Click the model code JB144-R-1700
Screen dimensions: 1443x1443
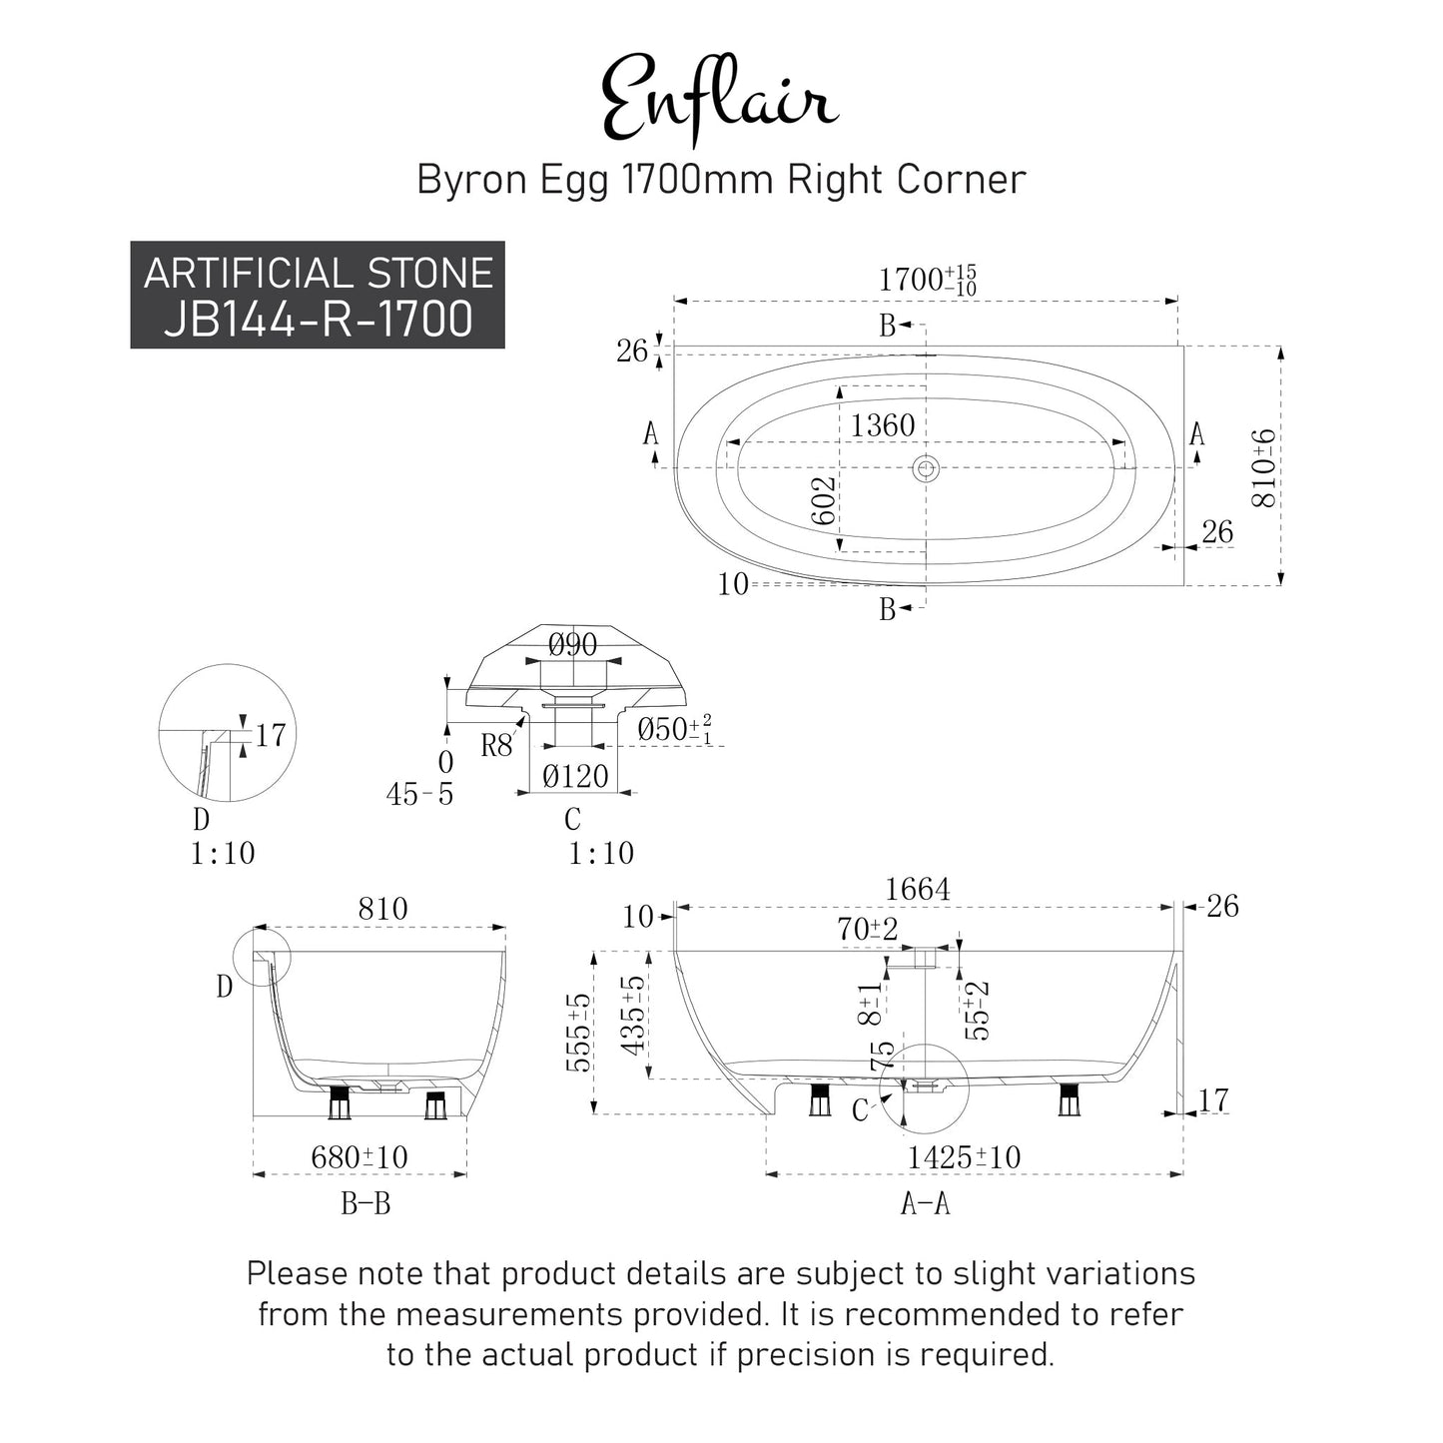click(319, 319)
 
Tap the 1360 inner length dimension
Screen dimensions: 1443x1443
click(882, 425)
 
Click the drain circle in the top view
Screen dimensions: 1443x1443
click(927, 469)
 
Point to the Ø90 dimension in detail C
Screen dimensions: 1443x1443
click(572, 644)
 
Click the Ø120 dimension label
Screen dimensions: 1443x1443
click(574, 777)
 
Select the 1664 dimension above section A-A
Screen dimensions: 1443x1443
click(918, 889)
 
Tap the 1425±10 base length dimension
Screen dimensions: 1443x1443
click(964, 1157)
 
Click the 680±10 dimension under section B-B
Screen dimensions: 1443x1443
click(360, 1157)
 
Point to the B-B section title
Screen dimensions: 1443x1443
click(365, 1203)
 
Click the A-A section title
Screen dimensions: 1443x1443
click(926, 1203)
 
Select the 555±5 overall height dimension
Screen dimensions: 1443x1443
click(579, 1034)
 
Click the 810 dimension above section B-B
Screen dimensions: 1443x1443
click(382, 909)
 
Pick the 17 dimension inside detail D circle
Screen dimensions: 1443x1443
click(271, 735)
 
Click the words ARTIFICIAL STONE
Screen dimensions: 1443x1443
click(319, 273)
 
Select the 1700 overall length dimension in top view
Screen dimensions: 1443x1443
click(927, 280)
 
